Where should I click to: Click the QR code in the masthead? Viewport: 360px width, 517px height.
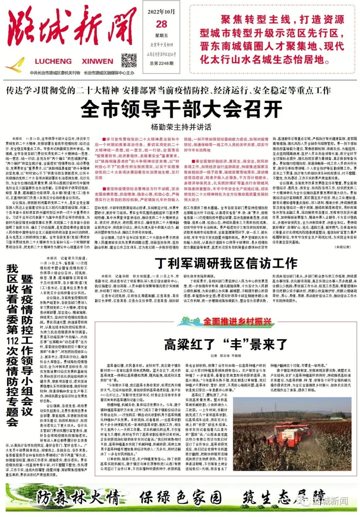129,60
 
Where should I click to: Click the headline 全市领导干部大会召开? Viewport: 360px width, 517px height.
181,109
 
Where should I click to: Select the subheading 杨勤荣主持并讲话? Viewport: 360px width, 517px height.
181,127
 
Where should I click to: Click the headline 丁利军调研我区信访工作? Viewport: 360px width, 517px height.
226,263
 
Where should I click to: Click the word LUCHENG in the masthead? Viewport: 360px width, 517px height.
53,61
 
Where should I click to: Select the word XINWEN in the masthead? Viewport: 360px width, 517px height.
97,61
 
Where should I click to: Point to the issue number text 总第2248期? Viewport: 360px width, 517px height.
162,63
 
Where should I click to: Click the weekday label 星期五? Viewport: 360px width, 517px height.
162,36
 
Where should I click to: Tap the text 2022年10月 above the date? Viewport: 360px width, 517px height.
161,12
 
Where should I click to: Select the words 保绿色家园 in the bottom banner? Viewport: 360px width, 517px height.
180,498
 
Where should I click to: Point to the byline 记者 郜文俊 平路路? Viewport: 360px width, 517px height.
226,356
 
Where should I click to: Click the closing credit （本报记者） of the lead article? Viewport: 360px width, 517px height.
342,247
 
